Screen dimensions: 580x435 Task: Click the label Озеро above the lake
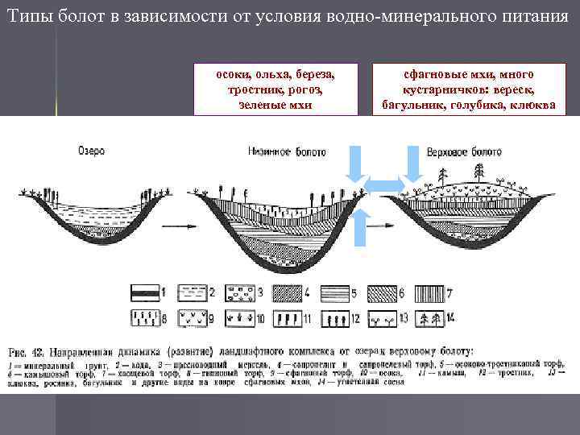[x=91, y=151]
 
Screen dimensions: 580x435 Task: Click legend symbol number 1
[x=145, y=292]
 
